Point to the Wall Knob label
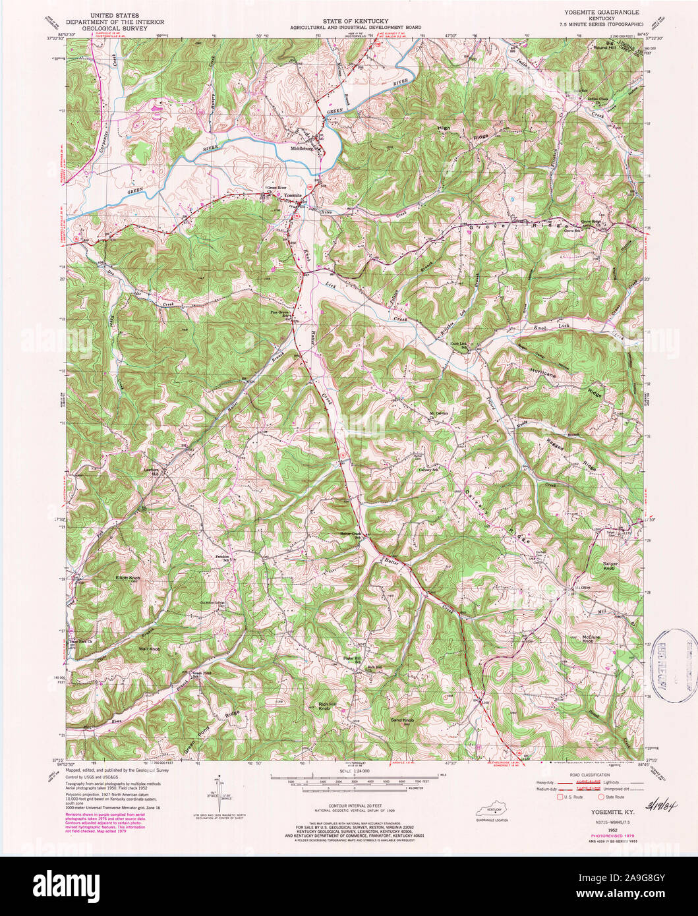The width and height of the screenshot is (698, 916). tap(150, 650)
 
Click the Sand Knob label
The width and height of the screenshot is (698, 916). tap(401, 720)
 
